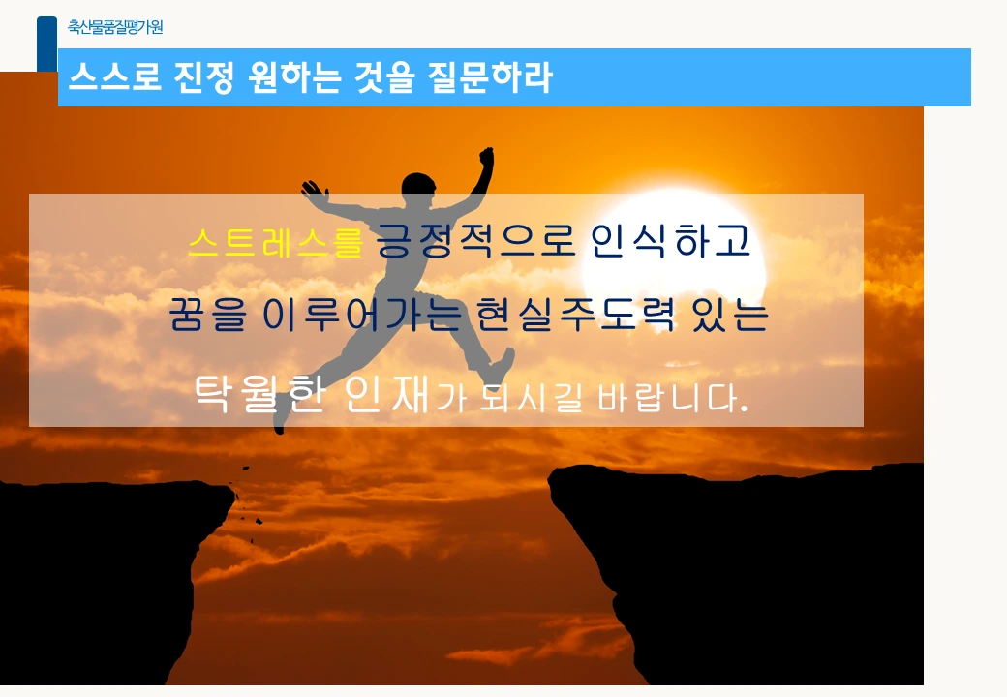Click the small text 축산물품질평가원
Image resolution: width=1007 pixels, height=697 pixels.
tap(115, 27)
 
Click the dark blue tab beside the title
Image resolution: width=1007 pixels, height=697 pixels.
tap(46, 44)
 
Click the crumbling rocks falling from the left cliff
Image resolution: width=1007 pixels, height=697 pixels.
tap(249, 503)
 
